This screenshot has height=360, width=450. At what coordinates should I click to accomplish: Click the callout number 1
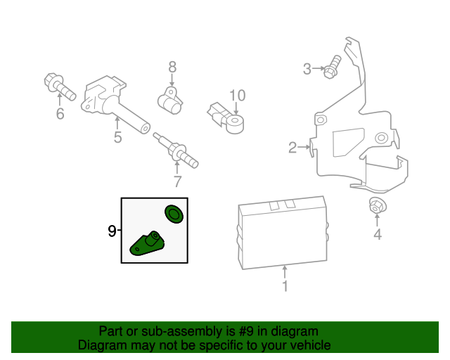click(x=285, y=286)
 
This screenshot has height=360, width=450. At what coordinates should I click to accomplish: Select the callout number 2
click(x=292, y=147)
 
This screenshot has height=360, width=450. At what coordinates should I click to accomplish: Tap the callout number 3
click(x=307, y=68)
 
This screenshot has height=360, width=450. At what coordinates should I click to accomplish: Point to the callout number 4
click(x=377, y=235)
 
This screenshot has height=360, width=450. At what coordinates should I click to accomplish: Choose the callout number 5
click(x=117, y=138)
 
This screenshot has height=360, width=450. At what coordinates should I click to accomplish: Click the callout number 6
click(x=59, y=113)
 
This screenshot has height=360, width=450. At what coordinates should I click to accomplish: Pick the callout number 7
click(x=177, y=181)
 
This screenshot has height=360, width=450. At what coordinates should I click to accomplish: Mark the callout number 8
click(x=172, y=67)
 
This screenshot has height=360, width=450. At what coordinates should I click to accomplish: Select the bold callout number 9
click(x=111, y=231)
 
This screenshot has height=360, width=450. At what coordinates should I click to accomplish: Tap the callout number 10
click(x=237, y=95)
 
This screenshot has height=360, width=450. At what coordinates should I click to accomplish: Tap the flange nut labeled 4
click(x=377, y=207)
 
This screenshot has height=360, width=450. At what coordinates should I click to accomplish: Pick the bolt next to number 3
click(x=333, y=68)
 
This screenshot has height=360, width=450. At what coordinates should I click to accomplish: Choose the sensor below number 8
click(x=170, y=100)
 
